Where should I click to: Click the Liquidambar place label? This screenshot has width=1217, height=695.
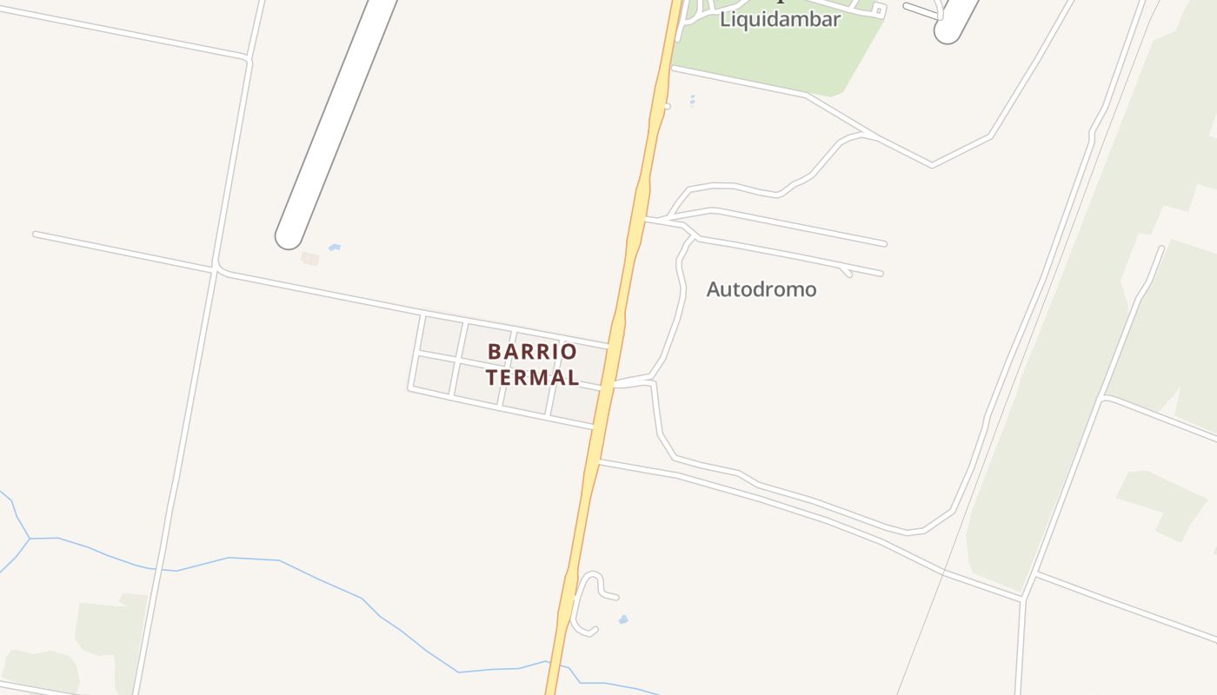coord(780,19)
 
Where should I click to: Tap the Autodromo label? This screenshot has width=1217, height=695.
coord(761,289)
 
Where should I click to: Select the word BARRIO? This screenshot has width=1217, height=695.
coord(532,352)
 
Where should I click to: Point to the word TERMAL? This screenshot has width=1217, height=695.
coord(532,377)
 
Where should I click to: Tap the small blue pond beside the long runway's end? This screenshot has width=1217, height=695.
coord(334,248)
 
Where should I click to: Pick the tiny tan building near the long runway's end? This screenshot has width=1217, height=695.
coord(310,258)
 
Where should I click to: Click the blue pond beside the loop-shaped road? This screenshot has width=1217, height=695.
coord(623,619)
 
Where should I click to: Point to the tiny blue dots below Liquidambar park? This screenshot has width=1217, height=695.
coord(692,101)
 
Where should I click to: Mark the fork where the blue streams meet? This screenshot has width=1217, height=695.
coord(30,539)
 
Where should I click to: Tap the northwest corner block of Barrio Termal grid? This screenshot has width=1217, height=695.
coord(442,335)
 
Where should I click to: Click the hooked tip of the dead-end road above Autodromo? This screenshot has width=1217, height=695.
coord(847,273)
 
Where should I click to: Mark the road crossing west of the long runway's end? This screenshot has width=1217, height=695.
coord(215,270)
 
